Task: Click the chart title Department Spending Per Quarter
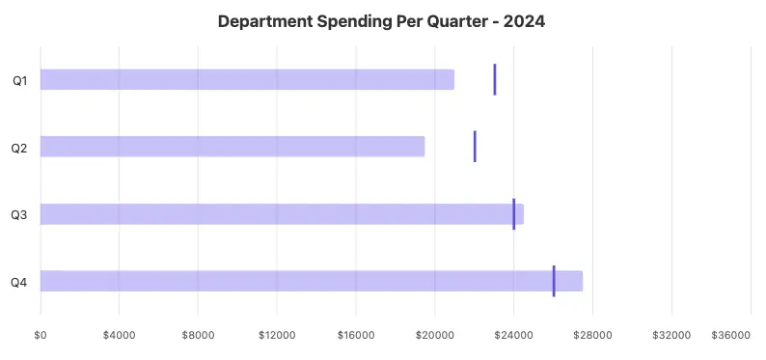coord(357,21)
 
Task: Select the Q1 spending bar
coord(247,79)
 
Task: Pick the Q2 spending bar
coord(233,147)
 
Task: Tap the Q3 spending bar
coord(282,214)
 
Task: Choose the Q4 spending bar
coord(312,281)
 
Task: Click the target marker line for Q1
coord(495,79)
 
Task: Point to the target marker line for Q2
coord(475,147)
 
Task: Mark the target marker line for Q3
coord(514,214)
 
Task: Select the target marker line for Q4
coord(554,281)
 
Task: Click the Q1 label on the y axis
coord(19,80)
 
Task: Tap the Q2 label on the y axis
coord(19,148)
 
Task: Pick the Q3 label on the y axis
coord(19,215)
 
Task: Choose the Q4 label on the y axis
coord(19,283)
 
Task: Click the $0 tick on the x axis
coord(41,335)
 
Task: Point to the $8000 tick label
coord(197,335)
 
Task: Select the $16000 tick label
coord(355,335)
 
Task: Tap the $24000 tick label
coord(513,335)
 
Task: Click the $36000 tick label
coord(730,335)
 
